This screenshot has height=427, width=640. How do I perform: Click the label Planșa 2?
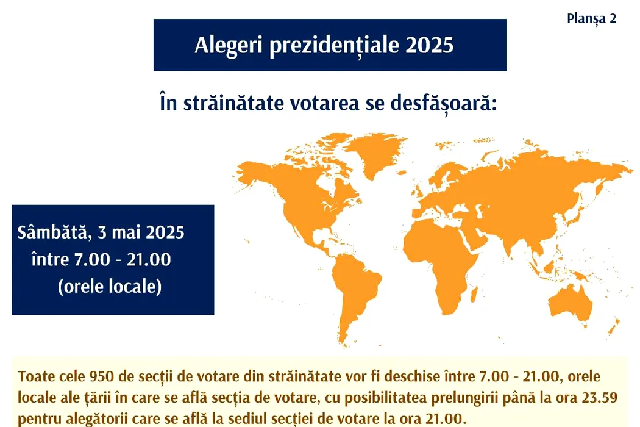click(591, 19)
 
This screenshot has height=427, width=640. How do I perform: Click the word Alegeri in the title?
click(229, 45)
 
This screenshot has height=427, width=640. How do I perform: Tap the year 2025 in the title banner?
click(429, 45)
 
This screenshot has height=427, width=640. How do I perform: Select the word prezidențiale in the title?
click(334, 46)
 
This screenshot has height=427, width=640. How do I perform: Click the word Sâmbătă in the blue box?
click(52, 232)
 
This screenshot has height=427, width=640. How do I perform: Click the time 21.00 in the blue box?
click(149, 259)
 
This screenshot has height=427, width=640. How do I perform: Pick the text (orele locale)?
click(110, 287)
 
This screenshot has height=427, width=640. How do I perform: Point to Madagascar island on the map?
click(474, 294)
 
